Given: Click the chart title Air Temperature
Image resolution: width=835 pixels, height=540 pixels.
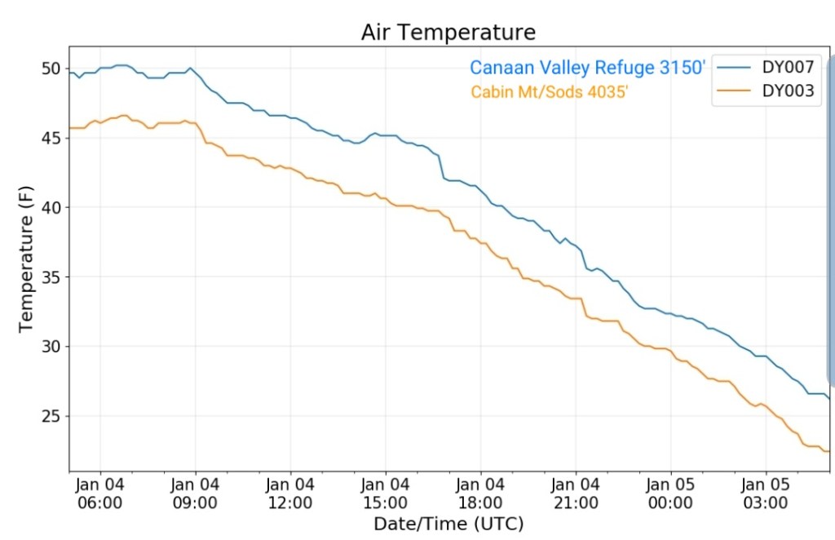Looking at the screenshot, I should point(448,32).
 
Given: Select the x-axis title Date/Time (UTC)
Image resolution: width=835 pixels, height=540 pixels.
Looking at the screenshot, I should point(448,523).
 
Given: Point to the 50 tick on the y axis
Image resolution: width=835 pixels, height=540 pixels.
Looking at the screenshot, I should point(50,69).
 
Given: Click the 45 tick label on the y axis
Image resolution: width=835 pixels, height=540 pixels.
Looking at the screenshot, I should point(50,138).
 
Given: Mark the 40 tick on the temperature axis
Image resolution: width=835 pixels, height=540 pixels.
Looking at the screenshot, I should point(50,207).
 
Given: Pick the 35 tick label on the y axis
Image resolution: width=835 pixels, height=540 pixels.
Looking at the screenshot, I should point(50,277).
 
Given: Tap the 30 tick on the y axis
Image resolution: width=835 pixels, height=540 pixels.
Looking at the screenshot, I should point(50,347).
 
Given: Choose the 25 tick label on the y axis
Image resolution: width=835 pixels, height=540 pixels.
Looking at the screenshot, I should point(50,416).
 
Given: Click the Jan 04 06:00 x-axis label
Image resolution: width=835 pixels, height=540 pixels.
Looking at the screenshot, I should point(100,493).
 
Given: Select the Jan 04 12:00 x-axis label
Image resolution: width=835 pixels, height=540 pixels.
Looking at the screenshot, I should point(290,493).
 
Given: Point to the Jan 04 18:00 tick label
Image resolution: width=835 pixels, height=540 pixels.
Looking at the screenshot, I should point(480,493).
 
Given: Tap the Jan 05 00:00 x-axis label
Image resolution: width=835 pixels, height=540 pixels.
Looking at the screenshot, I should point(670,493).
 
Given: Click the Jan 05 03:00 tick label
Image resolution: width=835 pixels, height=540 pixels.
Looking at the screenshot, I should point(766,493).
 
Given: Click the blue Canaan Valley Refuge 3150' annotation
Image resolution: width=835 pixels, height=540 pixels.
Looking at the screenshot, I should point(587,68).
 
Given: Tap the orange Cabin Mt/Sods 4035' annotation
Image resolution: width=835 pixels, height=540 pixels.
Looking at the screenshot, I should point(550,91).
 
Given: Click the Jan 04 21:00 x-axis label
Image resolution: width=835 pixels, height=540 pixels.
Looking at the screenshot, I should point(575,493).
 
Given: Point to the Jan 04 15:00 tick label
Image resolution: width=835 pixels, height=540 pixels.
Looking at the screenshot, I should point(386,493).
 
